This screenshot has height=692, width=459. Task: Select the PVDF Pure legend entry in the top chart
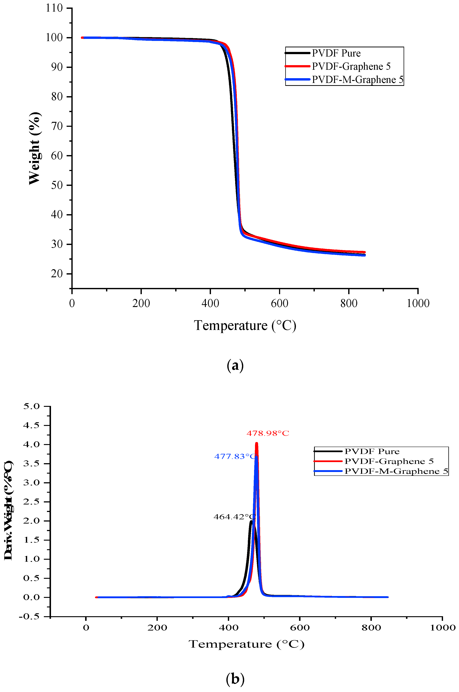tap(336, 53)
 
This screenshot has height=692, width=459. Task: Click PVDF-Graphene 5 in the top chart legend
tap(351, 66)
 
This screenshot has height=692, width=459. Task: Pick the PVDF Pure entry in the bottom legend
tap(372, 451)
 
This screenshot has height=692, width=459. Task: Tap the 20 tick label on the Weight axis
tap(57, 274)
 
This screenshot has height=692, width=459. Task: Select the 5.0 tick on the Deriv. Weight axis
tap(31, 406)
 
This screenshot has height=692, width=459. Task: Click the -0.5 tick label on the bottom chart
tap(29, 616)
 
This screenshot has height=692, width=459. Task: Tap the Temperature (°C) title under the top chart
tap(245, 326)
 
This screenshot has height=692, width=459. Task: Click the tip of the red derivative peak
tap(257, 443)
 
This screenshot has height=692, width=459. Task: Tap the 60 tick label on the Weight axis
tap(57, 156)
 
